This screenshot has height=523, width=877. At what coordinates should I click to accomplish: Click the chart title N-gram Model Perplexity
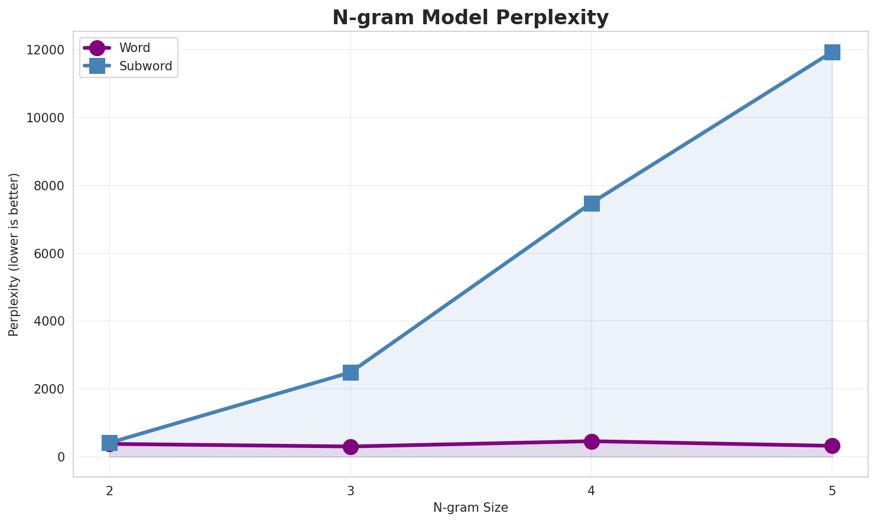pyautogui.click(x=470, y=18)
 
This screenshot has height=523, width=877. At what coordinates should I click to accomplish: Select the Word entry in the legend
pyautogui.click(x=134, y=48)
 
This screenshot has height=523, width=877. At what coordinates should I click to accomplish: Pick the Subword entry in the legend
pyautogui.click(x=145, y=66)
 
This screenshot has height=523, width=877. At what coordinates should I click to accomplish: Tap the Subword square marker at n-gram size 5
pyautogui.click(x=832, y=52)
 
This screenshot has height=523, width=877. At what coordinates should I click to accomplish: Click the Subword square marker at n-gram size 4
pyautogui.click(x=592, y=203)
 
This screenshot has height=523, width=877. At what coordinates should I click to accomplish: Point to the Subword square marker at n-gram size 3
pyautogui.click(x=350, y=372)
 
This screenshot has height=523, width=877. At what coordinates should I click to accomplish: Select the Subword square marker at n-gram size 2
pyautogui.click(x=109, y=443)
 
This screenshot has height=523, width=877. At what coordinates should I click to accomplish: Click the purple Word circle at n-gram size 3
pyautogui.click(x=350, y=447)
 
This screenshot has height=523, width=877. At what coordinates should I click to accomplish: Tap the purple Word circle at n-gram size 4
pyautogui.click(x=592, y=441)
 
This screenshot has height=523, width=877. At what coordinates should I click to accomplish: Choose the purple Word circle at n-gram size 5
pyautogui.click(x=832, y=446)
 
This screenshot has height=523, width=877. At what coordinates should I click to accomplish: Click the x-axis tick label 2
pyautogui.click(x=109, y=490)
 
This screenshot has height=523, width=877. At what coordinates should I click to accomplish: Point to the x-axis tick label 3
pyautogui.click(x=350, y=490)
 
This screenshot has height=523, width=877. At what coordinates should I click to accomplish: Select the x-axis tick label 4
pyautogui.click(x=592, y=490)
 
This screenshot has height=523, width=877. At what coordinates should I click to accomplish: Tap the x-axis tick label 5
pyautogui.click(x=832, y=490)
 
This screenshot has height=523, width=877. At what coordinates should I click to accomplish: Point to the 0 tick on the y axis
pyautogui.click(x=61, y=457)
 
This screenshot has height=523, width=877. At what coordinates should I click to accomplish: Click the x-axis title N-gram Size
pyautogui.click(x=470, y=508)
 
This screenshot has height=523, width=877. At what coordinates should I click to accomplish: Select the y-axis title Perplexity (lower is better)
pyautogui.click(x=14, y=255)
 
